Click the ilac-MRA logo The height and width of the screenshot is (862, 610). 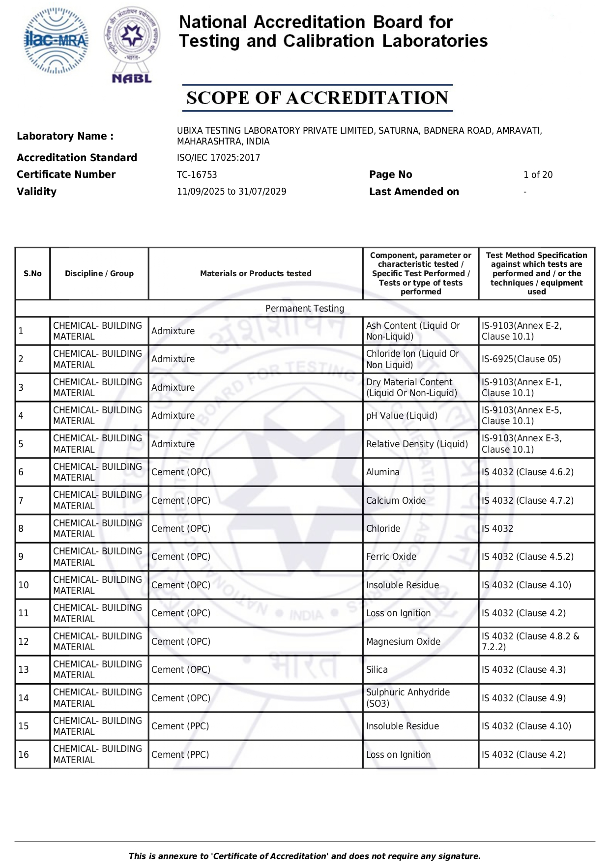click(56, 41)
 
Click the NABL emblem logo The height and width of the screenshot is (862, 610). click(132, 45)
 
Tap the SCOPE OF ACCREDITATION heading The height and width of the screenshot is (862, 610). click(317, 98)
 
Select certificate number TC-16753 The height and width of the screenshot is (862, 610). click(197, 175)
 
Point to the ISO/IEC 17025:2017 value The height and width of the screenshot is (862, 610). click(218, 158)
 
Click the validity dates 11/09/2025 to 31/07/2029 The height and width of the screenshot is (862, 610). click(232, 192)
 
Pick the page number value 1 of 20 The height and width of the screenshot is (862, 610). click(538, 175)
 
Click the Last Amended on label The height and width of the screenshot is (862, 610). click(414, 192)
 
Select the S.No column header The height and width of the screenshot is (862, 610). click(32, 274)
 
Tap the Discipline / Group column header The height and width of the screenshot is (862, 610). click(99, 274)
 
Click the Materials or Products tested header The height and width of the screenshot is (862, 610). click(256, 274)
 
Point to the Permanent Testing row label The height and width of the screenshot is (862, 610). click(305, 309)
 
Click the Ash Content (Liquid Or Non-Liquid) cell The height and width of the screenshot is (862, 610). click(413, 331)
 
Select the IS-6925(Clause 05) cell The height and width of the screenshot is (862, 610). click(521, 359)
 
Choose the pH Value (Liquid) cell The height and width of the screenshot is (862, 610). click(402, 416)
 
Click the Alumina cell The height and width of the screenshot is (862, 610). click(383, 472)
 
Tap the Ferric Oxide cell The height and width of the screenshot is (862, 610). click(391, 557)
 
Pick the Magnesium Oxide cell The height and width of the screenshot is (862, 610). click(403, 642)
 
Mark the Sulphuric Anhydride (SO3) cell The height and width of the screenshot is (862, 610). click(408, 698)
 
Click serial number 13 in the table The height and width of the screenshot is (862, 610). click(24, 670)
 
